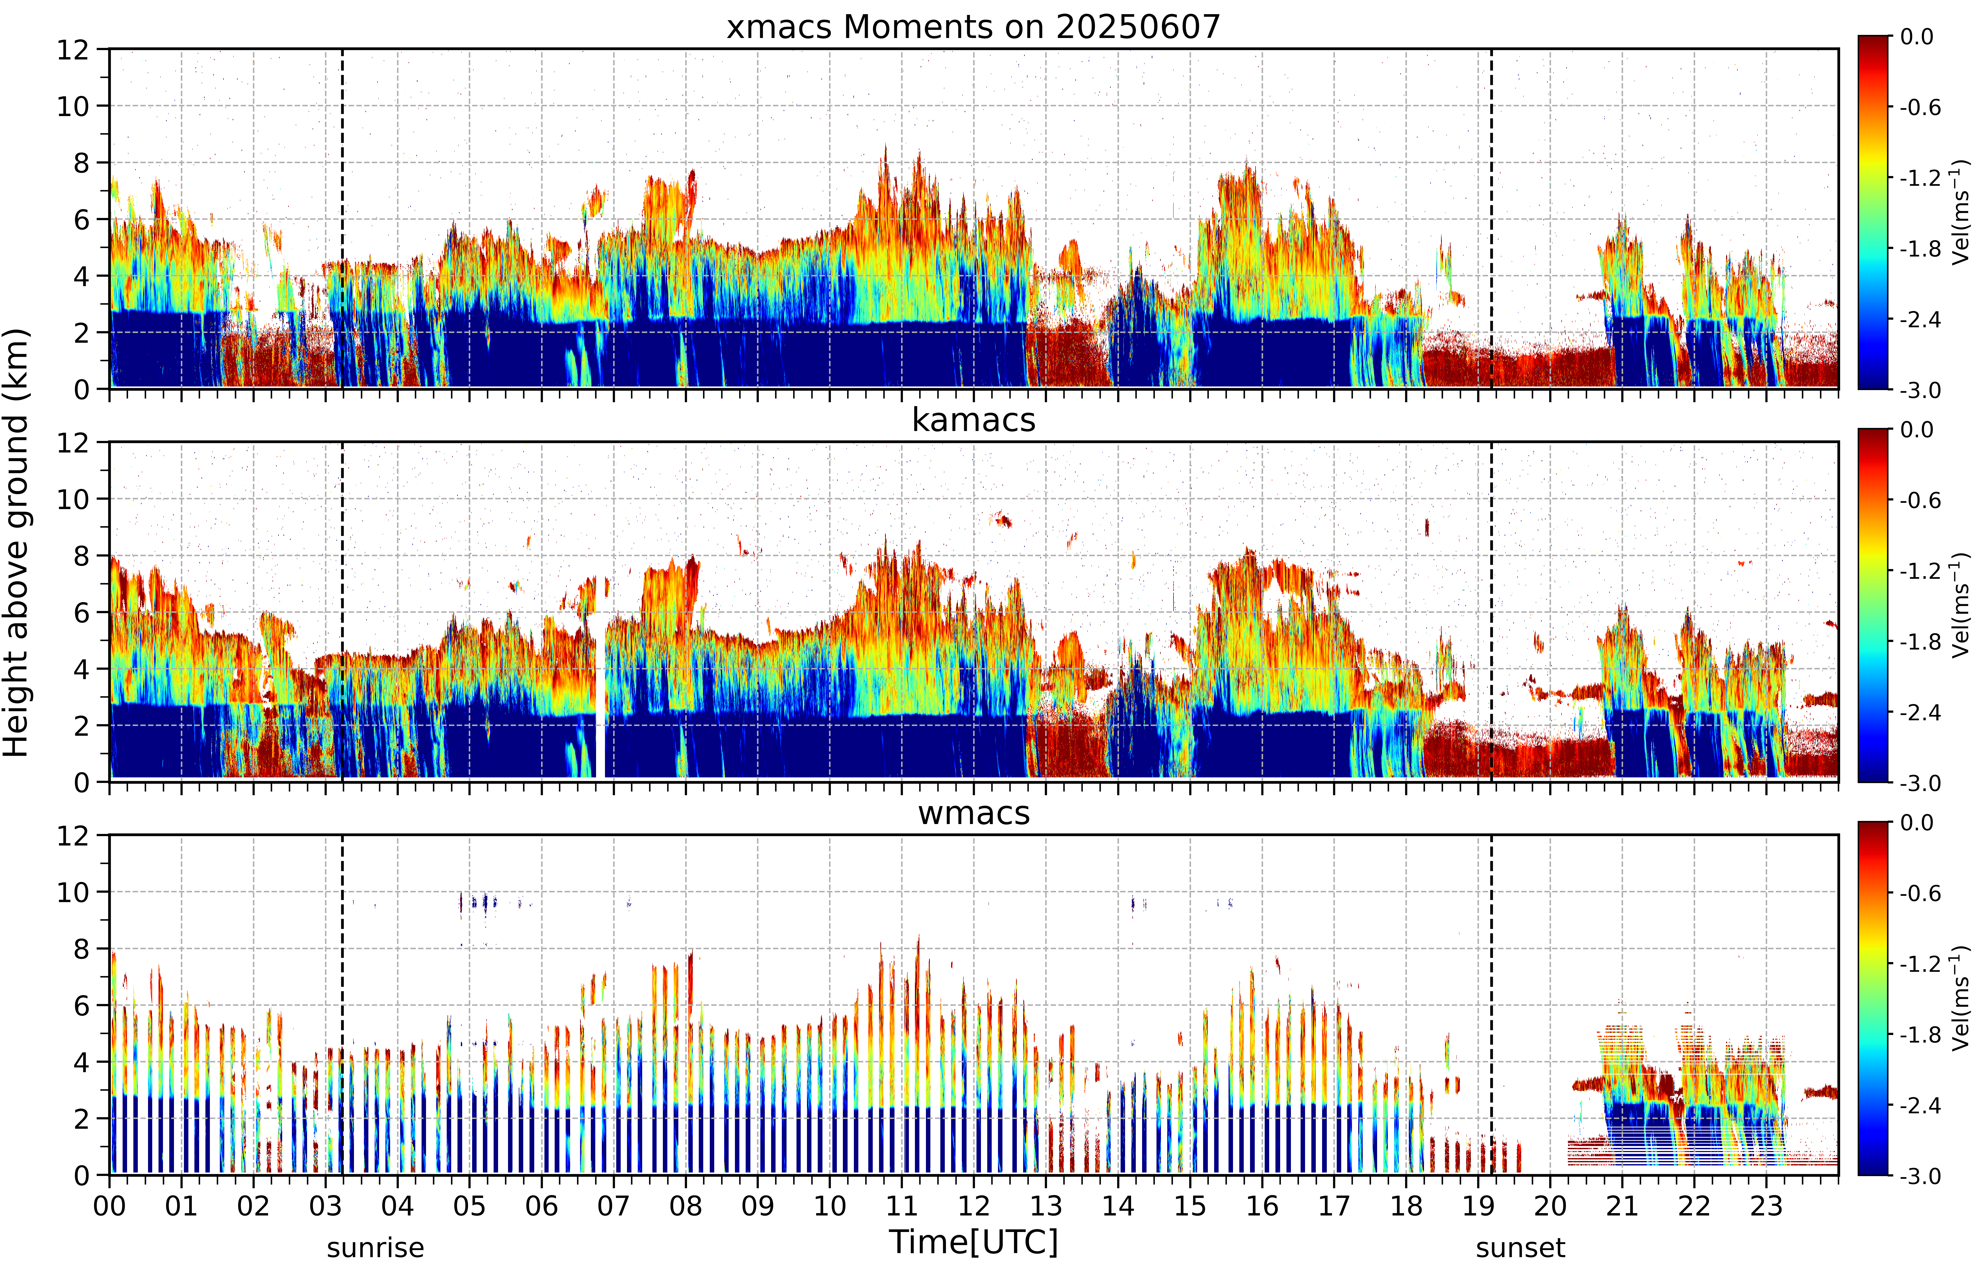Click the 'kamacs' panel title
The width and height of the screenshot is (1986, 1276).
point(974,420)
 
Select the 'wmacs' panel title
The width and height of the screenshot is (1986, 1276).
point(974,814)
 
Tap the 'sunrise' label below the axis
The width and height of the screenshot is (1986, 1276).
point(375,1248)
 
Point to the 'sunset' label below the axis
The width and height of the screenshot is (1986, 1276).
point(1520,1248)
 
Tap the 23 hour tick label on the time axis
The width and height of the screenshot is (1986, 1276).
point(1766,1206)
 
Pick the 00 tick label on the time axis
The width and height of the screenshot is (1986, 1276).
point(109,1206)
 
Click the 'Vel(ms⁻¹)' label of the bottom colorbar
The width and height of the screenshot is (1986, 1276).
point(1960,999)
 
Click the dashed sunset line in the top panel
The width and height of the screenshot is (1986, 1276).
point(1491,219)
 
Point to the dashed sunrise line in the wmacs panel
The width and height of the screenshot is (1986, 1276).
point(342,1005)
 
